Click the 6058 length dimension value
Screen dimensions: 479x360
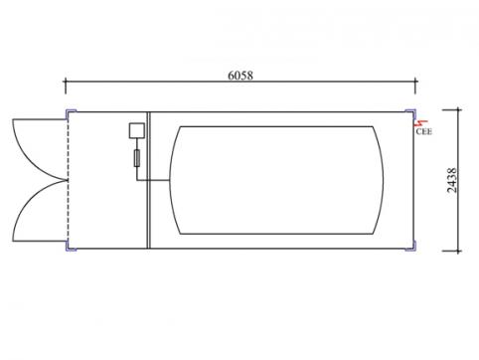coord(240,76)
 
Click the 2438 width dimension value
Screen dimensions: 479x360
coord(451,180)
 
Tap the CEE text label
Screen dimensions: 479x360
coord(424,131)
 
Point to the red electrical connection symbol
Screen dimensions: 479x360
coord(421,123)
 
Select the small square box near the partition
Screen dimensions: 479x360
coord(137,130)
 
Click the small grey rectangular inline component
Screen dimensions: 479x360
coord(137,158)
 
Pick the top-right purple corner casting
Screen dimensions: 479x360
coord(410,113)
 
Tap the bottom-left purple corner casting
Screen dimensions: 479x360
coord(71,246)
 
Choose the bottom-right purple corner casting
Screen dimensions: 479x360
coord(410,246)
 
